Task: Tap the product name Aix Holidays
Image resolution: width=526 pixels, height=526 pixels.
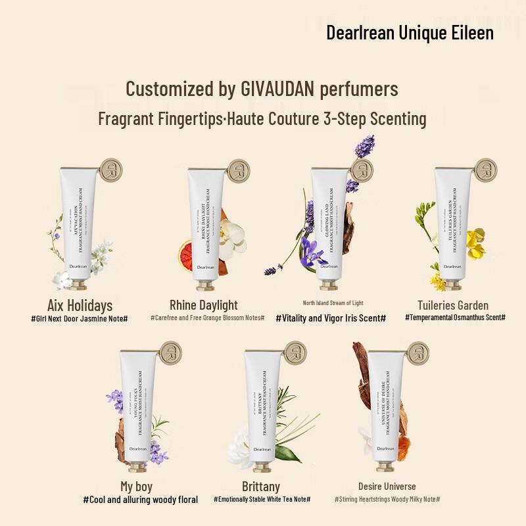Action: coord(80,305)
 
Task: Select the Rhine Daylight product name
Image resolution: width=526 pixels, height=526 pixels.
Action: coord(204,304)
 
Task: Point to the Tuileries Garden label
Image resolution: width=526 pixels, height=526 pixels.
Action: coord(453,305)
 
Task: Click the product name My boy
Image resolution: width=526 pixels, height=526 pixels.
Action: coord(137,487)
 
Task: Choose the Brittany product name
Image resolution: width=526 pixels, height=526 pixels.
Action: coord(261,487)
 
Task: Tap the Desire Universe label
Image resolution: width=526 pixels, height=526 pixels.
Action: coord(387,487)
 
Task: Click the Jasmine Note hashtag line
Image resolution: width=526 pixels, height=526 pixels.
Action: coord(79,318)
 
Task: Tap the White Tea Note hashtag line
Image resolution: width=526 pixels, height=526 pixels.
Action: coord(262,500)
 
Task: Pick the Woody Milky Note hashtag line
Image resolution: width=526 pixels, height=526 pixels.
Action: coord(387,500)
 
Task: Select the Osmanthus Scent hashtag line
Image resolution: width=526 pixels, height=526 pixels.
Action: coord(455,318)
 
